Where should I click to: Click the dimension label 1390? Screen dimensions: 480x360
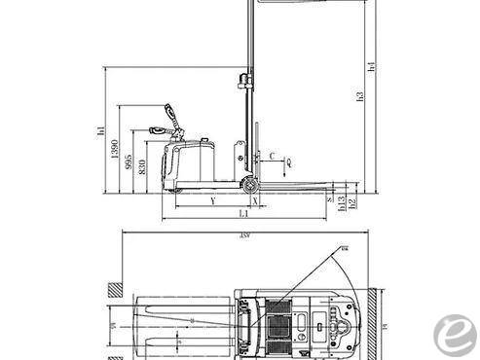pos(115,155)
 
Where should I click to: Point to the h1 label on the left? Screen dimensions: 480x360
pos(101,130)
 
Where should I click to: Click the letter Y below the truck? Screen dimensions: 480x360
pos(212,201)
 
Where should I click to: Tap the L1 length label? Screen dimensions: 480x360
pos(243,213)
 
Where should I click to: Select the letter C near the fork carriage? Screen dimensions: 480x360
pos(272,154)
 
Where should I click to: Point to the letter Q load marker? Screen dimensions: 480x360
pos(289,171)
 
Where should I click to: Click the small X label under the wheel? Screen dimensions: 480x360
pos(255,201)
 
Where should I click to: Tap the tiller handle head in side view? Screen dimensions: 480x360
pos(171,111)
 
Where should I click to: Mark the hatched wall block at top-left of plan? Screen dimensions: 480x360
pos(114,289)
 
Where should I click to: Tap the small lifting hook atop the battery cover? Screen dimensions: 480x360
pos(202,142)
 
